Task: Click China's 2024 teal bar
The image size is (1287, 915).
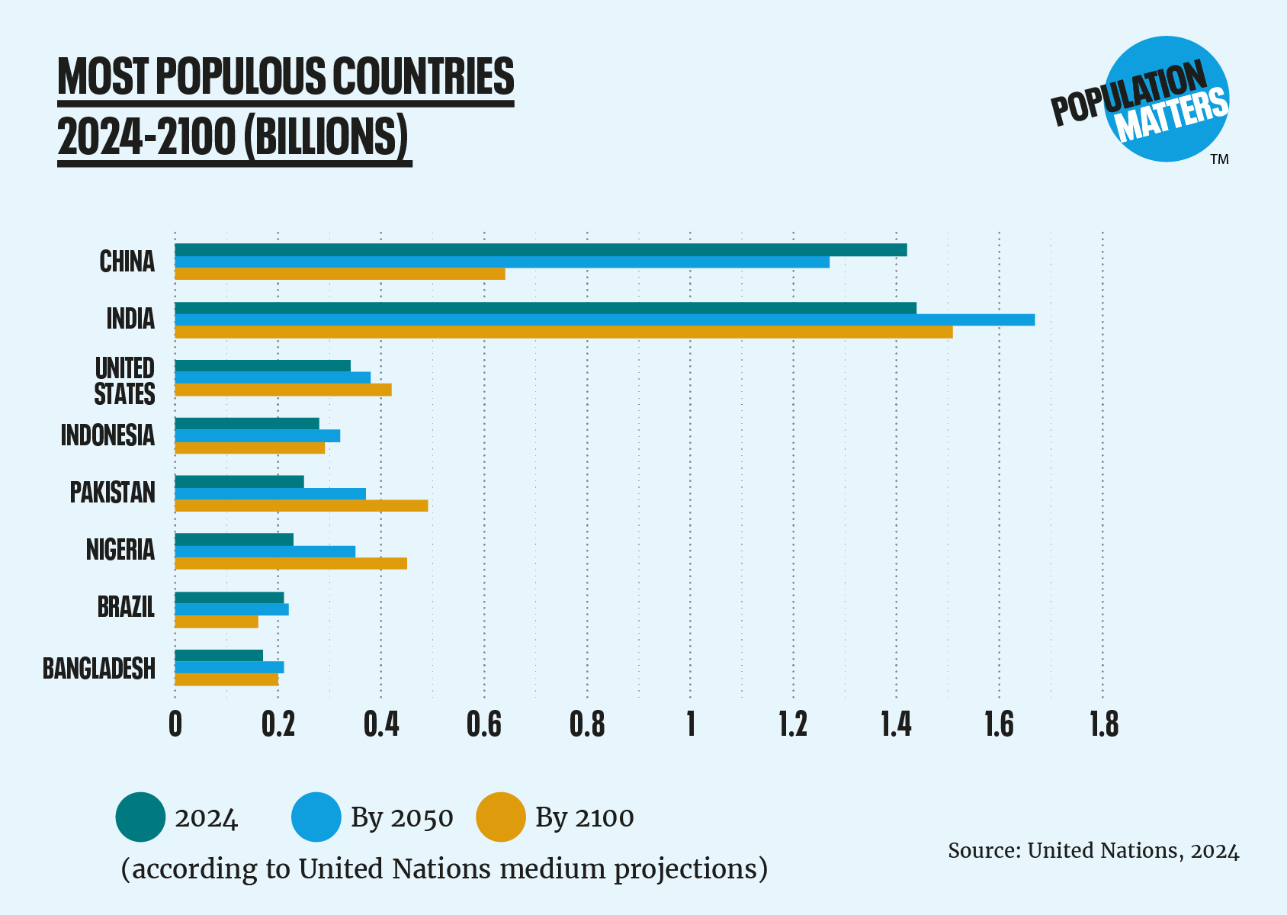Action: coord(541,250)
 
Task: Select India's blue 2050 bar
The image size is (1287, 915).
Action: coord(605,319)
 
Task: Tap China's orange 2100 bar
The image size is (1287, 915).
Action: coord(340,274)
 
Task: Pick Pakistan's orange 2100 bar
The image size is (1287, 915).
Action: coord(301,506)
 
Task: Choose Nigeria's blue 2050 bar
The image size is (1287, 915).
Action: coord(265,551)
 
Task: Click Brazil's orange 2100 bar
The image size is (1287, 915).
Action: coord(217,621)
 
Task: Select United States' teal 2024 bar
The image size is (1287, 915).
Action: coord(262,366)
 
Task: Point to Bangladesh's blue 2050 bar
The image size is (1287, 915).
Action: coord(229,667)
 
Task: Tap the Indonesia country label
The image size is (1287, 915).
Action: coord(108,435)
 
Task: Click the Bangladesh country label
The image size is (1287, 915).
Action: coord(99,668)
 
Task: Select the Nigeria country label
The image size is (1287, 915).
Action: coord(120,549)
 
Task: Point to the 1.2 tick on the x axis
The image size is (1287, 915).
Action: coord(793,724)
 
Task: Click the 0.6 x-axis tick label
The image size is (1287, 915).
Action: coord(484,724)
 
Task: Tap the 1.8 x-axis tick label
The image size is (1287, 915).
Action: coord(1103,724)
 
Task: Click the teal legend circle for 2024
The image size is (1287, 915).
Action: coord(140,817)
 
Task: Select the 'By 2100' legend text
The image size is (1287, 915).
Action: coord(584,817)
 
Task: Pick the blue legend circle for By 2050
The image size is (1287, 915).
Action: coord(316,817)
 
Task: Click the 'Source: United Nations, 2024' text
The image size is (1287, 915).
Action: coord(1093,850)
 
